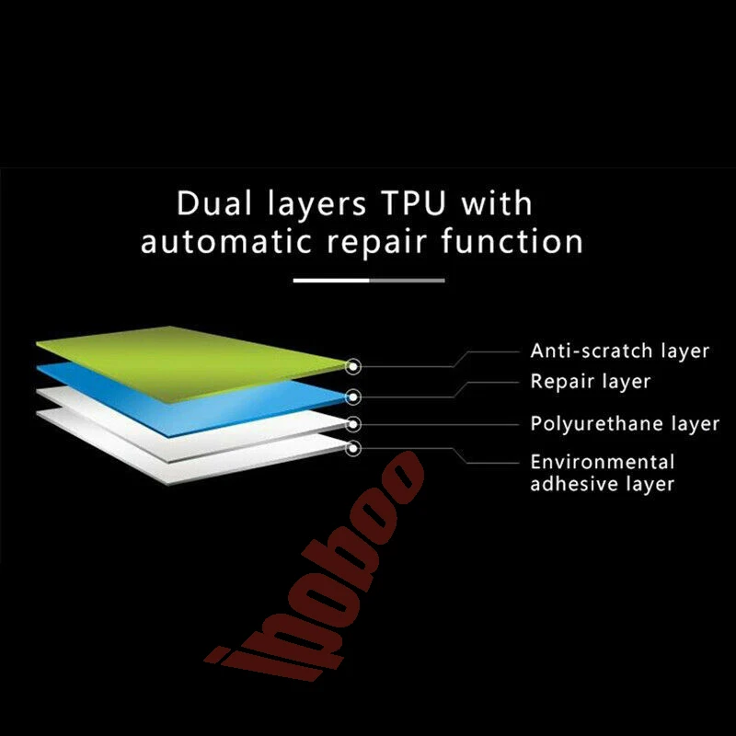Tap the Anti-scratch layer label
pyautogui.click(x=620, y=351)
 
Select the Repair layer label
pyautogui.click(x=590, y=381)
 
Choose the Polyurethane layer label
pyautogui.click(x=625, y=424)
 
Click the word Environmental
pyautogui.click(x=603, y=461)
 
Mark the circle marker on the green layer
pyautogui.click(x=353, y=366)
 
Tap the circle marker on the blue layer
pyautogui.click(x=353, y=397)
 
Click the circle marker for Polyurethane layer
pyautogui.click(x=353, y=424)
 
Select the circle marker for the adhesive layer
pyautogui.click(x=353, y=448)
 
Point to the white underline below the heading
pyautogui.click(x=331, y=280)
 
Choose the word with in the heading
pyautogui.click(x=497, y=203)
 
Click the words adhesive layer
pyautogui.click(x=603, y=484)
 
